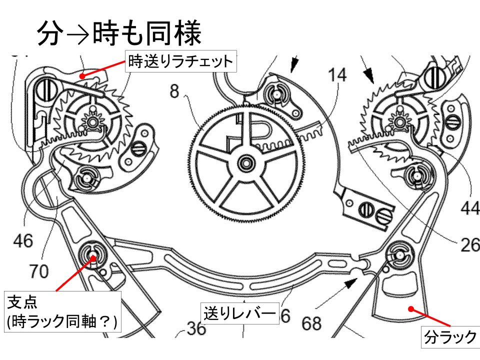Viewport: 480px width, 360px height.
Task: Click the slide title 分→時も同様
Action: click(x=119, y=33)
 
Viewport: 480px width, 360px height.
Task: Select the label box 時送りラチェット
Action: click(x=180, y=62)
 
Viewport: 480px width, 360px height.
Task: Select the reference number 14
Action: click(x=337, y=76)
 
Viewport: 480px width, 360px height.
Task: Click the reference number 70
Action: click(x=39, y=271)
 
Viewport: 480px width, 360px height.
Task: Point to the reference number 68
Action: click(x=311, y=323)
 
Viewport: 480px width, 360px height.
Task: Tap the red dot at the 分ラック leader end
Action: click(x=410, y=308)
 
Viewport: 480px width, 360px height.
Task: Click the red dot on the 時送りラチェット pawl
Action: click(x=83, y=76)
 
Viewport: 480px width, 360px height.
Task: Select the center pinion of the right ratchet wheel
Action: click(x=398, y=120)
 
